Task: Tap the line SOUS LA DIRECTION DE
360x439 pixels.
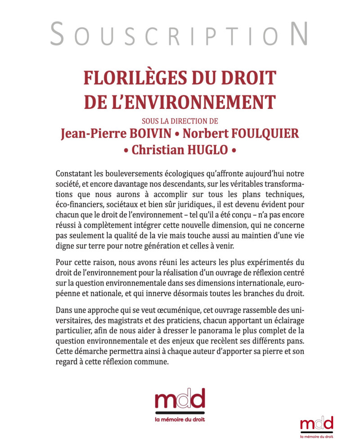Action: tap(180, 120)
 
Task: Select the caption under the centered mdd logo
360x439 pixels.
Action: tap(180, 419)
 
